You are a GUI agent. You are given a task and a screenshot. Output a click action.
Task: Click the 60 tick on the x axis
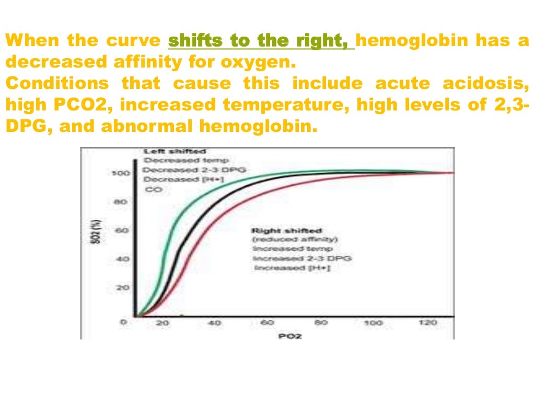pos(267,323)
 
